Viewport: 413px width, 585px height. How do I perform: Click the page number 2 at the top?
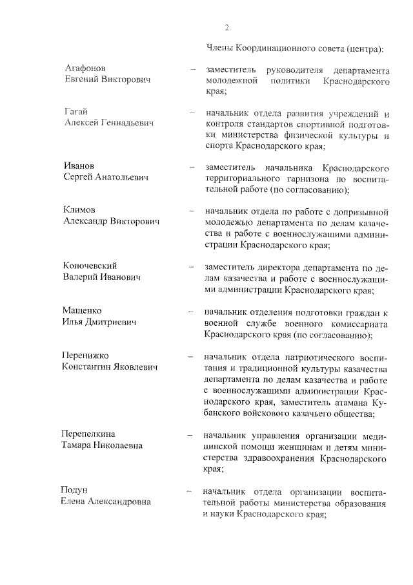pyautogui.click(x=227, y=27)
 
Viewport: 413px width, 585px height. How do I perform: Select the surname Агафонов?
pyautogui.click(x=86, y=68)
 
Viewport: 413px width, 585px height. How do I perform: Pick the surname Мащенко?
pyautogui.click(x=83, y=310)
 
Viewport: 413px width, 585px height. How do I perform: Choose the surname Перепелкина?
pyautogui.click(x=93, y=434)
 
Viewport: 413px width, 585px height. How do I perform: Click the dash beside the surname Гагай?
pyautogui.click(x=192, y=112)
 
